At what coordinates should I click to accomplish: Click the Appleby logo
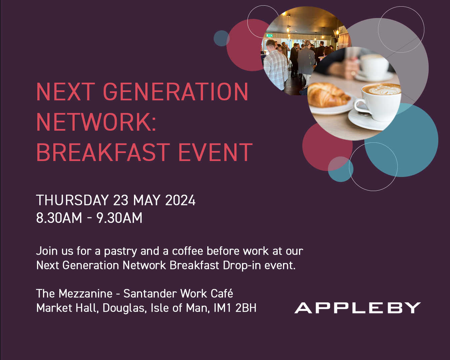pos(357,308)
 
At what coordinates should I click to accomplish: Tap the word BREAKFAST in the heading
pos(103,152)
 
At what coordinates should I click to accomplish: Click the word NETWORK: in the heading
pos(96,122)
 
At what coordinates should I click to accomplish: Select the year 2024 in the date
pos(180,200)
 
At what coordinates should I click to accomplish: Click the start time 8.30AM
pos(59,218)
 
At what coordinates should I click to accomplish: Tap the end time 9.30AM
pos(119,218)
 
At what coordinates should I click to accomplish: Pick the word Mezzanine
pos(85,294)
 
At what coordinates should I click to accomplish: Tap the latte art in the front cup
pos(383,89)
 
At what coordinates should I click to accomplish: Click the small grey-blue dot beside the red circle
pos(221,38)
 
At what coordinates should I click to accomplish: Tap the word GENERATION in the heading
pos(175,92)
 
